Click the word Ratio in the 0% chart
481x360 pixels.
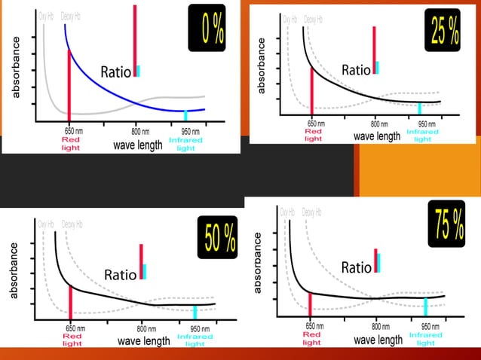117,72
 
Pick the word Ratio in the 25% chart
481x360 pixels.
356,69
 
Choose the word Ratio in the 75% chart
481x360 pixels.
357,267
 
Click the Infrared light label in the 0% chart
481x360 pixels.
185,144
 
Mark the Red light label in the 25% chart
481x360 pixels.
313,135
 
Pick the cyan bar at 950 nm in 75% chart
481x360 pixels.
426,307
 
